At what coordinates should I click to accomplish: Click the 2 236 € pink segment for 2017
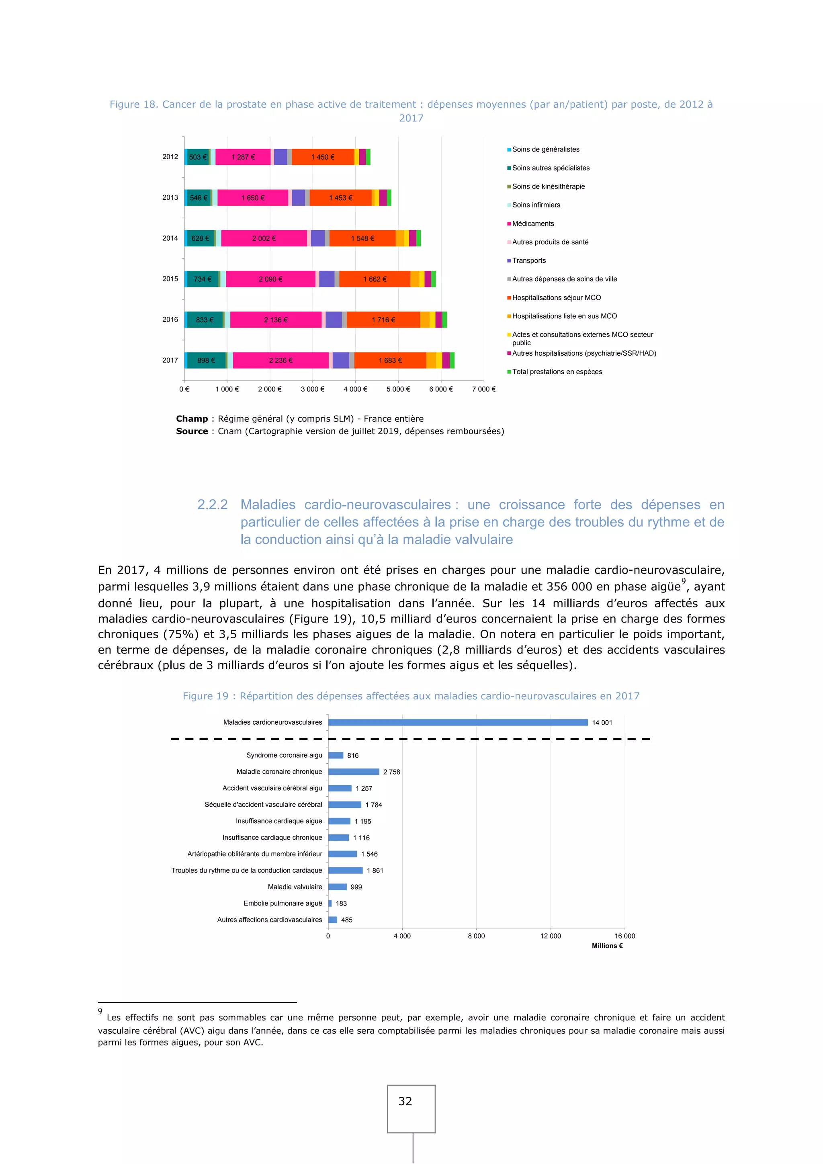[281, 361]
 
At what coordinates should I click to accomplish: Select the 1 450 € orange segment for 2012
[322, 157]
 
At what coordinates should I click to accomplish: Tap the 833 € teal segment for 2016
[205, 320]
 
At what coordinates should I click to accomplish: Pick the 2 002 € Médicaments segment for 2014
[264, 238]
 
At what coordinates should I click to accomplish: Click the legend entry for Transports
[528, 260]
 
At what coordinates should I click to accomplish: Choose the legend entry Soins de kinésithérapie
[548, 186]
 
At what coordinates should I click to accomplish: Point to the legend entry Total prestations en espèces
[557, 372]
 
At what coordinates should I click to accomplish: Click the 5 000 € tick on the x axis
[398, 389]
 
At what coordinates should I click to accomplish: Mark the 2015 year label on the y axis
[170, 279]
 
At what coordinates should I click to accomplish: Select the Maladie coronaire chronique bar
[354, 772]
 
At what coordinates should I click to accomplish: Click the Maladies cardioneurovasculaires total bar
[458, 722]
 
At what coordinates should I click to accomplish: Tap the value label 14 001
[602, 723]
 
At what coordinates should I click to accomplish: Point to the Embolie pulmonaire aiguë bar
[330, 904]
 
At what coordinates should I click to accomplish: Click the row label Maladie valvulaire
[295, 887]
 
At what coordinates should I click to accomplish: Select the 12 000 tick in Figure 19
[551, 936]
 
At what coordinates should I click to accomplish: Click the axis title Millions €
[607, 946]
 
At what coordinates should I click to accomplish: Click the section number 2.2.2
[212, 505]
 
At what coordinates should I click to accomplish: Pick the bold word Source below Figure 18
[192, 431]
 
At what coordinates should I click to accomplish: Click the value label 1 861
[375, 871]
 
